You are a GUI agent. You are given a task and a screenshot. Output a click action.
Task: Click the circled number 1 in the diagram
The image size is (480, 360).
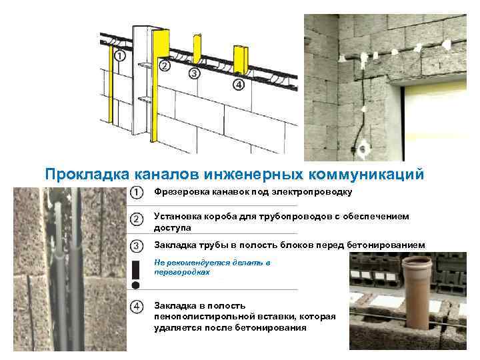(119, 57)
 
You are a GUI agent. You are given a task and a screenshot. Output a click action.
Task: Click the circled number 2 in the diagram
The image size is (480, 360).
(165, 65)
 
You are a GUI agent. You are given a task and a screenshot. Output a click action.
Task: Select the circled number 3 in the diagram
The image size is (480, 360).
(195, 73)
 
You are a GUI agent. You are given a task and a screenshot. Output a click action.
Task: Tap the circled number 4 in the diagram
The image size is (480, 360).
(238, 85)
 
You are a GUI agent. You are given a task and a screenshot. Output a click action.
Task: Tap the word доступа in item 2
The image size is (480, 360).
(172, 227)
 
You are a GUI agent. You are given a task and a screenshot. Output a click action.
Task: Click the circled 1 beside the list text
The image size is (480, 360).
(136, 193)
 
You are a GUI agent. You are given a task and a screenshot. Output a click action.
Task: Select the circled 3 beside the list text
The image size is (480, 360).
(136, 245)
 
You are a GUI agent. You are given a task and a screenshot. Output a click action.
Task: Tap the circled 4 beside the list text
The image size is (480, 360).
(136, 306)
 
